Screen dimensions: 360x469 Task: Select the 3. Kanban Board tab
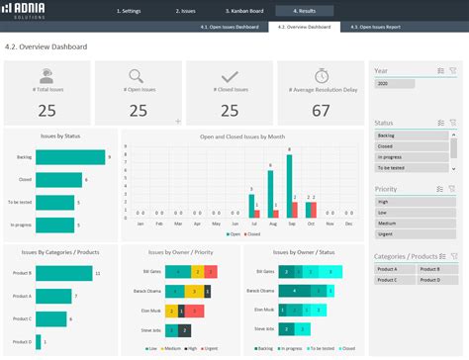[242, 10]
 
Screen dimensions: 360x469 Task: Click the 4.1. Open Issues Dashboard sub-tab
[231, 27]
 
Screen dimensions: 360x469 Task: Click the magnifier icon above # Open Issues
[138, 75]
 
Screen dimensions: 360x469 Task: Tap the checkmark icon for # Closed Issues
[230, 75]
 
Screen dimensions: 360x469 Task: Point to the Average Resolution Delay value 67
[321, 110]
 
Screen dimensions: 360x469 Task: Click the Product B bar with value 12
[69, 273]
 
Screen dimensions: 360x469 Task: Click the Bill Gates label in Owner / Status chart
[264, 271]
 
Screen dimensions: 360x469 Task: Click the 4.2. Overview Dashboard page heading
[46, 46]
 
